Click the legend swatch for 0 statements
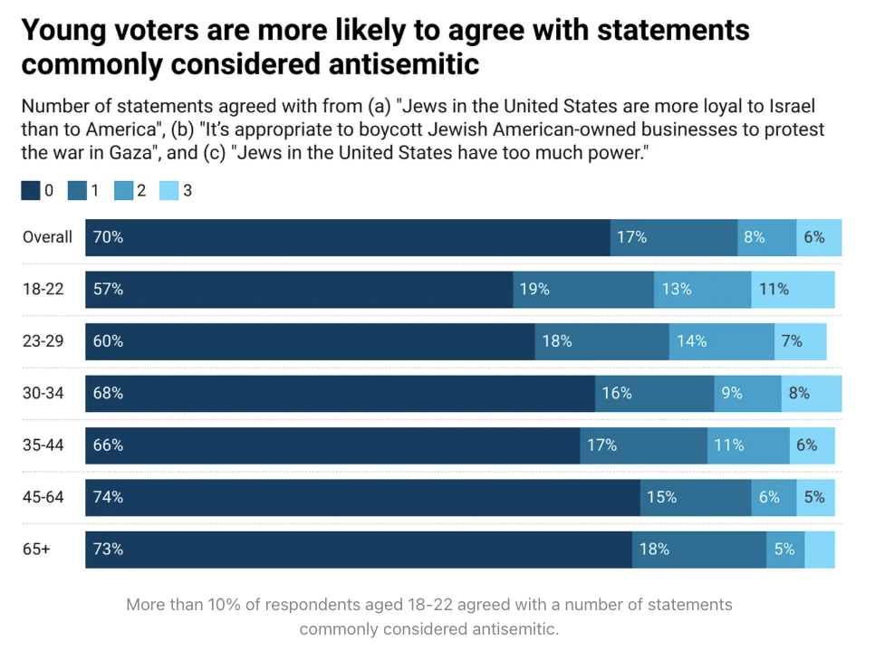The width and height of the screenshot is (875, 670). click(31, 191)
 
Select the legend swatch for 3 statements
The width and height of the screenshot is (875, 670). click(168, 191)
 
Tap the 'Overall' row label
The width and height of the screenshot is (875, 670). click(48, 237)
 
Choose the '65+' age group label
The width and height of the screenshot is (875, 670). click(36, 550)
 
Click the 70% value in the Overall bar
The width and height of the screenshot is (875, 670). click(108, 237)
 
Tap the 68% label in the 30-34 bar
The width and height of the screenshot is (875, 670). click(108, 394)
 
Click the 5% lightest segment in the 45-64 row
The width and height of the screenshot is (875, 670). click(815, 497)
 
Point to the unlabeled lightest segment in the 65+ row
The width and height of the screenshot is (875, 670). click(820, 550)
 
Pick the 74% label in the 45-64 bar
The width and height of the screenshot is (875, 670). click(108, 497)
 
